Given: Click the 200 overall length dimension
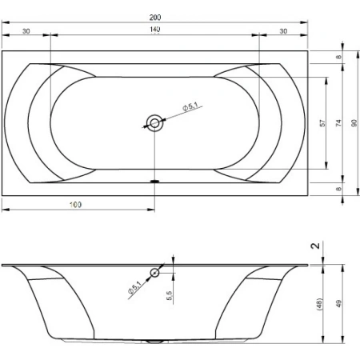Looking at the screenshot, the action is pos(155,18).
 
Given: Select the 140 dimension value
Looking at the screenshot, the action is pos(155,30).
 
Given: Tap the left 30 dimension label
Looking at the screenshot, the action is pos(26,31).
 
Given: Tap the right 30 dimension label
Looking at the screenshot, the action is pos(283,31).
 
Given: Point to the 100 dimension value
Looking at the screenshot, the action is pos(75,205).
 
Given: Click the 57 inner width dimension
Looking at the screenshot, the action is pos(322,123).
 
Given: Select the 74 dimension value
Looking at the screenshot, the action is pos(338,123).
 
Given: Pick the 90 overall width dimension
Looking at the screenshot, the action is pos(354,123).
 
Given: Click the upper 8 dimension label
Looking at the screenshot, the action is pos(338,57).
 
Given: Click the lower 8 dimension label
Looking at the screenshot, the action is pos(338,189).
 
